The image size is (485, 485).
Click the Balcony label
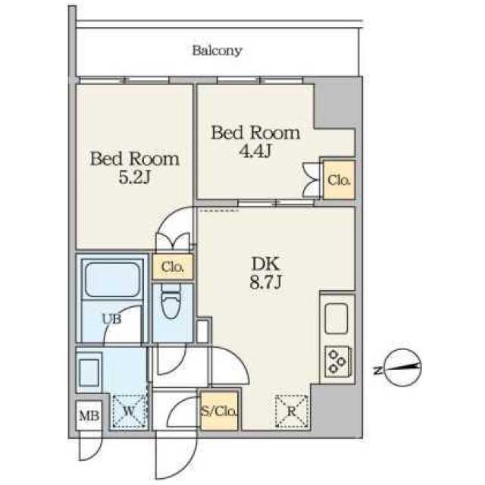point(217,51)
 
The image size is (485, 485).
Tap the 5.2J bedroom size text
point(135,177)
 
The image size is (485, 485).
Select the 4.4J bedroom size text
point(255,152)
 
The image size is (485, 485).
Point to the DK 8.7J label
point(265,273)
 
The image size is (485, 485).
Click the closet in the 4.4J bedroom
point(339,180)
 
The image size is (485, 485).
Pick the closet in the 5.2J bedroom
point(172,267)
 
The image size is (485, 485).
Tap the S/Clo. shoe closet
point(219,411)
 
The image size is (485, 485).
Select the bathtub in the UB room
point(113,280)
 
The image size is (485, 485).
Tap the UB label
point(111,319)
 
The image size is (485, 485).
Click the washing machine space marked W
point(129,411)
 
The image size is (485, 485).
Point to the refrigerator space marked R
point(291,411)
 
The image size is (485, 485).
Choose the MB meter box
point(89,415)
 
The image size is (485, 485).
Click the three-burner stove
point(337,361)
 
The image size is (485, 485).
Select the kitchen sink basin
point(336,318)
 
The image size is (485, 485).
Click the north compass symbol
point(402,368)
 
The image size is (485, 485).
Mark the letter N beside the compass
point(377,371)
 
